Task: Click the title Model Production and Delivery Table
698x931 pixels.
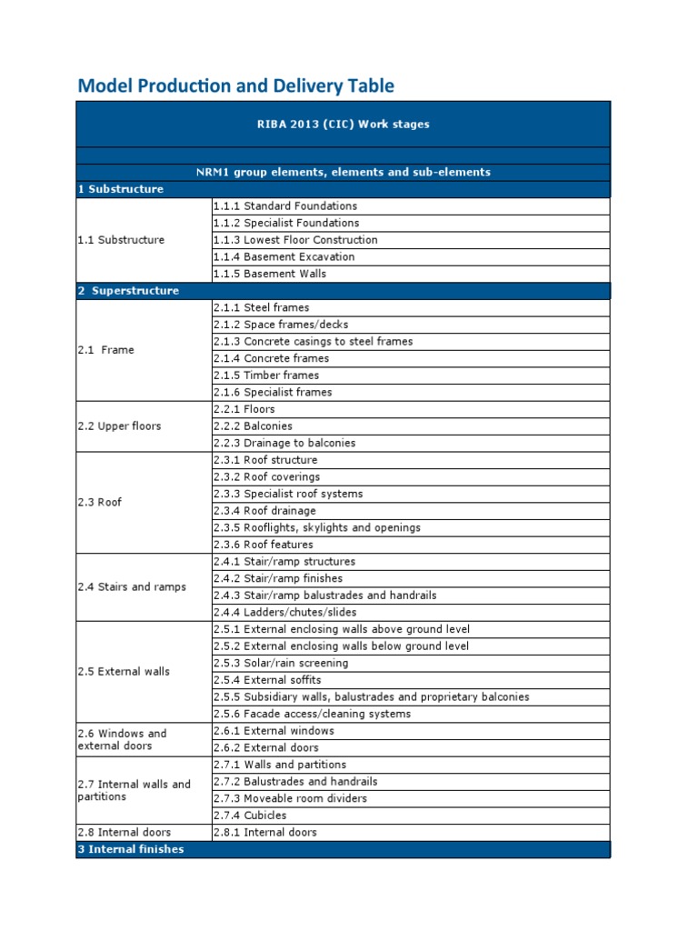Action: click(x=235, y=85)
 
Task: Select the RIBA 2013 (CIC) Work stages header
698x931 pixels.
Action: click(x=343, y=124)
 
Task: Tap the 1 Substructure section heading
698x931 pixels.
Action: click(x=121, y=189)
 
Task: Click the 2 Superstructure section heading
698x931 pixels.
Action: click(x=128, y=291)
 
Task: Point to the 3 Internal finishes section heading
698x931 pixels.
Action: click(x=131, y=849)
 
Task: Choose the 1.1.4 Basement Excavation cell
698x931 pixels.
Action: click(x=284, y=256)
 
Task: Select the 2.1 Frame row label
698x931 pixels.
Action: click(x=105, y=350)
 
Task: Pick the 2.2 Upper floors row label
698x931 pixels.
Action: click(x=119, y=426)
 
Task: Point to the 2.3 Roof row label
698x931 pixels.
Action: click(x=100, y=502)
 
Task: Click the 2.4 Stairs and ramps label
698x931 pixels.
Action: click(x=132, y=587)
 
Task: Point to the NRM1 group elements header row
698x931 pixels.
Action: click(x=343, y=172)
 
